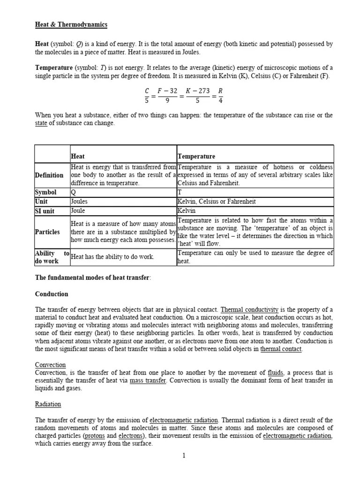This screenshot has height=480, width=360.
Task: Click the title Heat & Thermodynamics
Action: [x=71, y=24]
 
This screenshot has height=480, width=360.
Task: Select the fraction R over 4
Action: [x=220, y=97]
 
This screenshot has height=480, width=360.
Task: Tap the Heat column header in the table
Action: [x=78, y=156]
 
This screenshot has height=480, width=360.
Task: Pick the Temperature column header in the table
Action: [x=196, y=156]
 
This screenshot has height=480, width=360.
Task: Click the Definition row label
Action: [x=49, y=175]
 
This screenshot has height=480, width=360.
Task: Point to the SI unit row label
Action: [x=46, y=211]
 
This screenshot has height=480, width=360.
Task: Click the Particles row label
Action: [x=48, y=232]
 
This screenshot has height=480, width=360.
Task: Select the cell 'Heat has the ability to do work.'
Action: [x=112, y=257]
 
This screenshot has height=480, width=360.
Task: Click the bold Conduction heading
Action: [x=52, y=294]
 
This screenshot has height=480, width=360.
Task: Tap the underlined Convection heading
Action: [x=51, y=365]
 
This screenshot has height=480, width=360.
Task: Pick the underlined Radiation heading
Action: [x=48, y=404]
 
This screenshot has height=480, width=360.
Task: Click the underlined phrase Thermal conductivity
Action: [x=249, y=310]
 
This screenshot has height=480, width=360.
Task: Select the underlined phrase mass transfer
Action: [x=148, y=381]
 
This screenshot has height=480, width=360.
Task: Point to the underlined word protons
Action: [x=94, y=435]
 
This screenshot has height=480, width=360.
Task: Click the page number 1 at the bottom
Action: [x=184, y=455]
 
